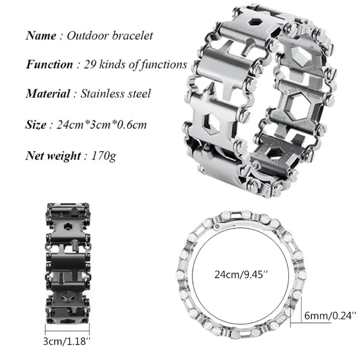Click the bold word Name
41,36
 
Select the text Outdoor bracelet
110,36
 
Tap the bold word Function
49,64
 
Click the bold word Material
48,94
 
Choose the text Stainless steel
116,94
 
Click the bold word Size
36,125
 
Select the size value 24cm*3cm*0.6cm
101,125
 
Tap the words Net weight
53,156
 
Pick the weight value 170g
103,156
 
